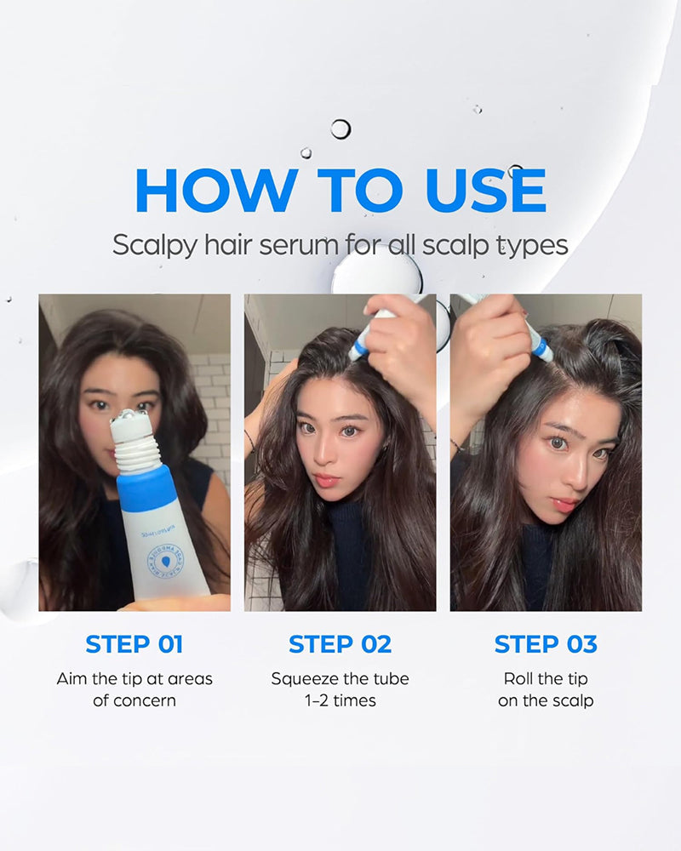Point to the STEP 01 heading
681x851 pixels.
[134, 644]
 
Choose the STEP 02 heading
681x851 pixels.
[340, 644]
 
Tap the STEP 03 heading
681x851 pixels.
[546, 644]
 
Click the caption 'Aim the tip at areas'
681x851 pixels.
[134, 679]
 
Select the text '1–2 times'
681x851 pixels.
[340, 700]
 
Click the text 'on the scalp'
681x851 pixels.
[546, 700]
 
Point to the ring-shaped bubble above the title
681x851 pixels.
[340, 129]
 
